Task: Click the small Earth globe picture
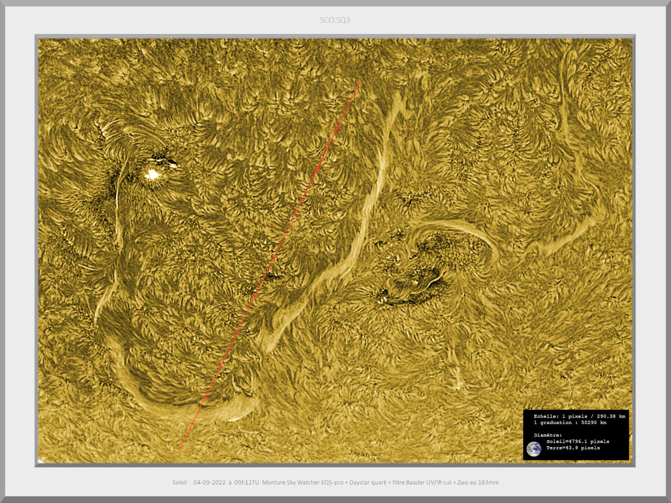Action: (534, 449)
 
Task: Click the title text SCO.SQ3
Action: (335, 20)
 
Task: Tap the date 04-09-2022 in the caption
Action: (209, 482)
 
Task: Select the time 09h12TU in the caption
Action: (246, 482)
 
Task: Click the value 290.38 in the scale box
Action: (603, 416)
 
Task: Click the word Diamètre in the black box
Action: (548, 435)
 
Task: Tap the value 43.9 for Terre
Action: (573, 448)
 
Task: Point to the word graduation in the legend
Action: (556, 423)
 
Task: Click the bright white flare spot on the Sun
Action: (152, 175)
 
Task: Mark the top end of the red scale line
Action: (359, 82)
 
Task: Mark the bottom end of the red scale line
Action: (180, 447)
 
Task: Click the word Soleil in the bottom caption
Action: (180, 482)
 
